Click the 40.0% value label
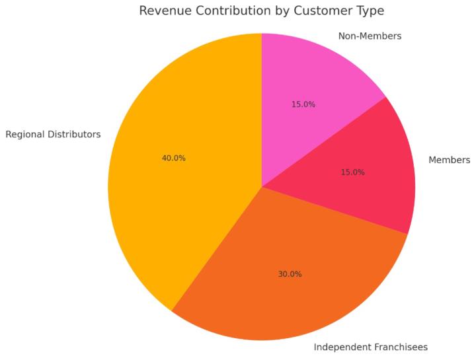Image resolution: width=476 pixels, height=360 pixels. tap(173, 159)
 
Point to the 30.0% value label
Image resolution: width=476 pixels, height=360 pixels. tap(290, 274)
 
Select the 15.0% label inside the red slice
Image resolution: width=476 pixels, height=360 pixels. tap(352, 172)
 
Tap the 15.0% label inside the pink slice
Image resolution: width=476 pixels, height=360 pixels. tap(303, 104)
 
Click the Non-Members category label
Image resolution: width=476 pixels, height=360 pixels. tap(370, 36)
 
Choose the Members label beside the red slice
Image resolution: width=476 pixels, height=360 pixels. tap(449, 160)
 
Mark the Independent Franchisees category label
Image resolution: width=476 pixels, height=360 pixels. tap(370, 347)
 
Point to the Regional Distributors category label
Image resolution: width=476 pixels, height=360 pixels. tap(53, 135)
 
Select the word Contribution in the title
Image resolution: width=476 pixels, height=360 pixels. tap(233, 11)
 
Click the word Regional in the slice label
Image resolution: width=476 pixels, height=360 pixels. tap(25, 135)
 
